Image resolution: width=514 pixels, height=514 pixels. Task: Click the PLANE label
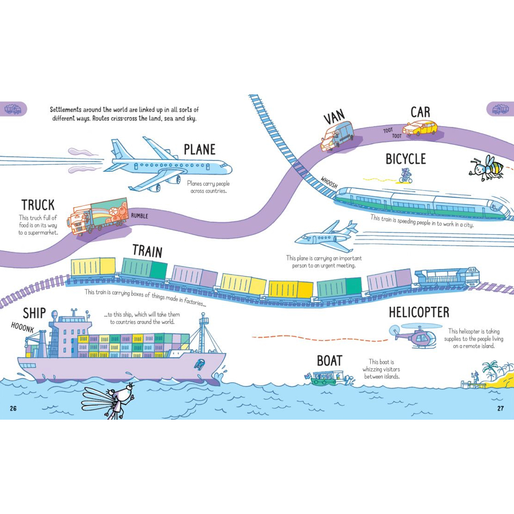tap(200, 150)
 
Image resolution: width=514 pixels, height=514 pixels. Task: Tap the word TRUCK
tap(38, 205)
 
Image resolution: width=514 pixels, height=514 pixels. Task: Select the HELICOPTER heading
tap(419, 312)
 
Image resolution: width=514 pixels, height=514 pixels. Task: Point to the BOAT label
tap(330, 361)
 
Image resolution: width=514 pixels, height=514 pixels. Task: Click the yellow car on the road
tap(420, 128)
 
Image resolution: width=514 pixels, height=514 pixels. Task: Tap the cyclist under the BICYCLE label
tap(406, 176)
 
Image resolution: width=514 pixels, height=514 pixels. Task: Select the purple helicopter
tap(415, 335)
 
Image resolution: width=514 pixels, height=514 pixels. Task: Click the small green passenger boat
tap(329, 378)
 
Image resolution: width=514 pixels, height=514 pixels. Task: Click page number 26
tap(13, 408)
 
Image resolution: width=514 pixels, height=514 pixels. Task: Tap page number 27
tap(500, 408)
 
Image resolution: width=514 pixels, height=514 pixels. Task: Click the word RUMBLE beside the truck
tap(140, 216)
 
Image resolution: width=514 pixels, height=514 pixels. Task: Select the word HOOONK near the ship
tap(22, 327)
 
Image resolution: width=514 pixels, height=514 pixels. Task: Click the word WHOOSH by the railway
tap(329, 183)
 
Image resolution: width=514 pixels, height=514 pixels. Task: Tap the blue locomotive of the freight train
tap(447, 279)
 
